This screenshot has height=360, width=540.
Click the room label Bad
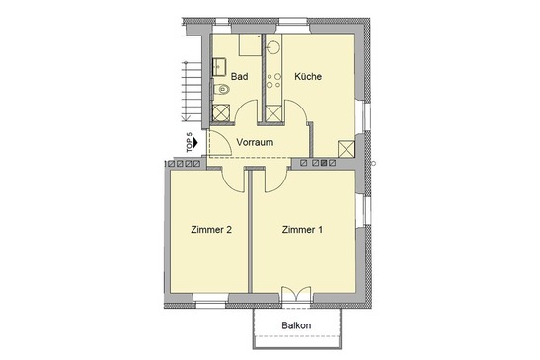tap(239, 76)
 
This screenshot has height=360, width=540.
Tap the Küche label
tap(308, 76)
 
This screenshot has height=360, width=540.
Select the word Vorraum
tap(255, 142)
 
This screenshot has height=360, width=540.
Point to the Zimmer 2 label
tap(211, 229)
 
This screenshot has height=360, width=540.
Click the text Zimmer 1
tap(302, 229)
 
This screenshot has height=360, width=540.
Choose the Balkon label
tap(296, 325)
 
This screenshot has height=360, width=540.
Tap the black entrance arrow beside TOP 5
tap(195, 142)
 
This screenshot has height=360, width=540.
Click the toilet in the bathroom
tap(221, 90)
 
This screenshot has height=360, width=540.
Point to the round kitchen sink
tap(273, 47)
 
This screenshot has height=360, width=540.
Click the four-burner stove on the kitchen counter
tap(273, 81)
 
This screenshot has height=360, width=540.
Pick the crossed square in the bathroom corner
tap(221, 112)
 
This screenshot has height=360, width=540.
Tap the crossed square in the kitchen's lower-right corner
tap(347, 149)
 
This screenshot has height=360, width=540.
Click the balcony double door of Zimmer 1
tap(296, 294)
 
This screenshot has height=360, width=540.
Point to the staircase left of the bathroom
tap(193, 91)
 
